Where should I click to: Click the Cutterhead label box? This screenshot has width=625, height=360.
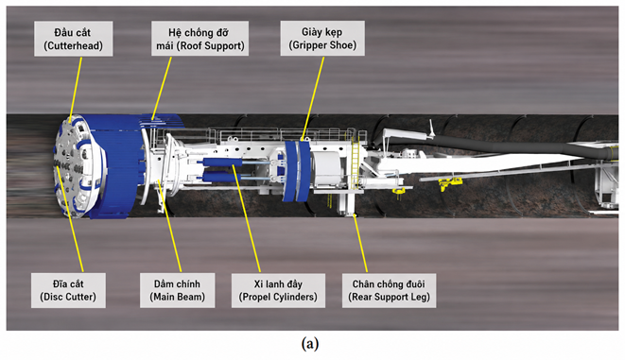[74, 39]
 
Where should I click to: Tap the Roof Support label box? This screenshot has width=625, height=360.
[200, 39]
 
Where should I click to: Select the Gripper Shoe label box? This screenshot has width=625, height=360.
[322, 38]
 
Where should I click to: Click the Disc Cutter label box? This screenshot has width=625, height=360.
[68, 290]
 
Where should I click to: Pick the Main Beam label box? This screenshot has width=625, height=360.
[178, 290]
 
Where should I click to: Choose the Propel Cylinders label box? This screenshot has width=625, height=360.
[278, 290]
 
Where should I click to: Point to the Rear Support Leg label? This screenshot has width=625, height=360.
[389, 290]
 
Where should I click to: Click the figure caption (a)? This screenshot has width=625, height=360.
[310, 343]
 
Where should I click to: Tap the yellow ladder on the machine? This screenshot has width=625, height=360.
[355, 163]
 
